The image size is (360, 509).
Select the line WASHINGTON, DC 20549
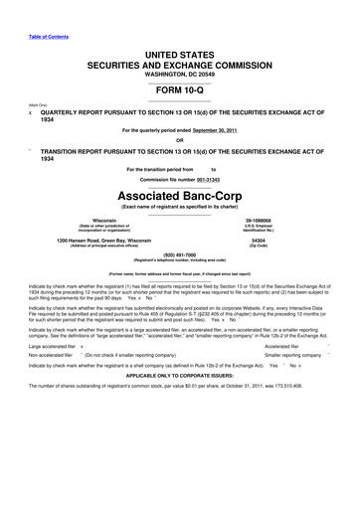[x=180, y=72]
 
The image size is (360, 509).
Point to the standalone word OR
[x=180, y=139]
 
